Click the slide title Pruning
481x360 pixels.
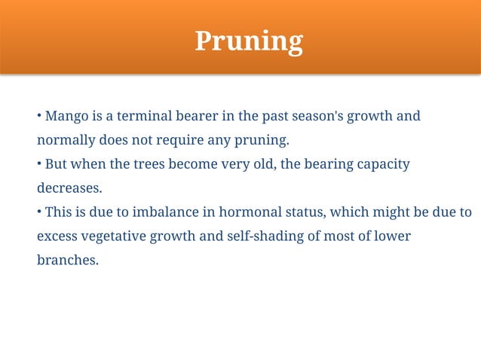[249, 41]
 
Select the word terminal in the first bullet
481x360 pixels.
[134, 117]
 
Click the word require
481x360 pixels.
[191, 141]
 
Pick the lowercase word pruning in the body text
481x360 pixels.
[261, 141]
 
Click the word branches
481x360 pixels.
[67, 261]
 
